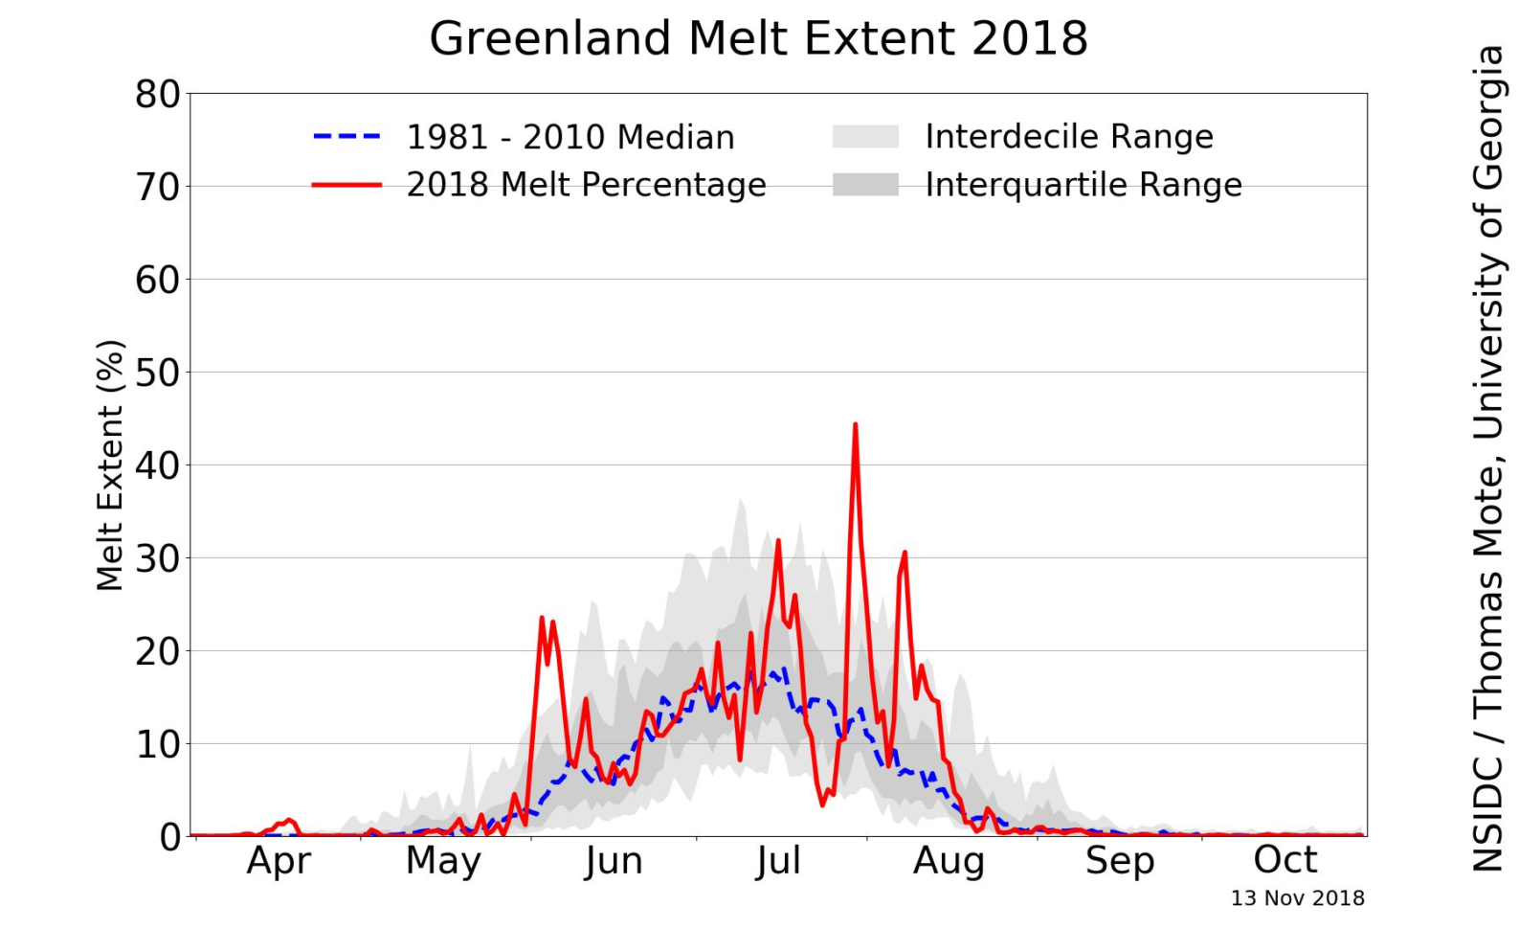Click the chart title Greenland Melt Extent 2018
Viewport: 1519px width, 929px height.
click(x=758, y=39)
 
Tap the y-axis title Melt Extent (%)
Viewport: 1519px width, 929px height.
click(x=110, y=465)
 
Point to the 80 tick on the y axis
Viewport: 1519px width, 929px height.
click(x=157, y=95)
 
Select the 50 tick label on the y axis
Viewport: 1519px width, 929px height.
click(x=157, y=373)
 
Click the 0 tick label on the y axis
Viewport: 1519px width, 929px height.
click(x=169, y=837)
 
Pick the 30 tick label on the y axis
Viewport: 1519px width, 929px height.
click(x=157, y=558)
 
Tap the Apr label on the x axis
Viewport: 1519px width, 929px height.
click(x=279, y=861)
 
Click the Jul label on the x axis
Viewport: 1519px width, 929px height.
click(x=777, y=861)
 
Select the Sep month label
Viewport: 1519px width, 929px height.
click(x=1119, y=861)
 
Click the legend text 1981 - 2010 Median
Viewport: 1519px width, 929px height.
click(x=570, y=138)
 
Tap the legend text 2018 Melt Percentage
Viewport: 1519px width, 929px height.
click(x=586, y=185)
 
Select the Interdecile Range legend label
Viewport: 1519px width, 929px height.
click(x=1068, y=137)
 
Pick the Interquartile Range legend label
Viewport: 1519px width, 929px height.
click(x=1083, y=185)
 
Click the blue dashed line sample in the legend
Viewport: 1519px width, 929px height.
click(x=346, y=137)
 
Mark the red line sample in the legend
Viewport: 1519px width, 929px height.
click(x=346, y=185)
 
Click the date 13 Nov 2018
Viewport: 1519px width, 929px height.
click(x=1297, y=898)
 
